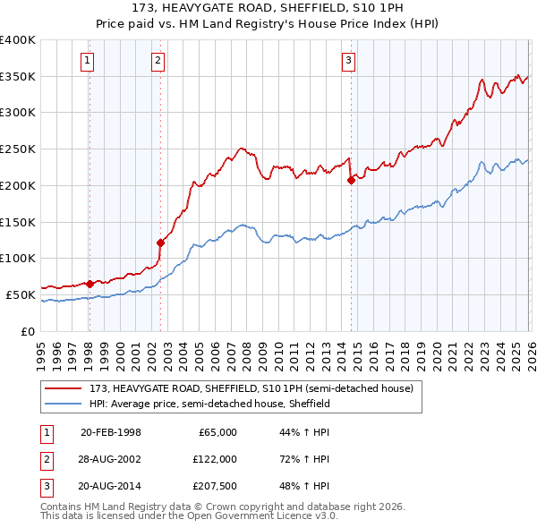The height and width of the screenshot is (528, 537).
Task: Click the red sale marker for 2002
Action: [x=161, y=242]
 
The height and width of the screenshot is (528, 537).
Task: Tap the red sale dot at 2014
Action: [x=351, y=180]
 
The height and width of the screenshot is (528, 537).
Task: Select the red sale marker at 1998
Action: [x=89, y=284]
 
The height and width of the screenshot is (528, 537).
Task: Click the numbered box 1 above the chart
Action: [x=88, y=61]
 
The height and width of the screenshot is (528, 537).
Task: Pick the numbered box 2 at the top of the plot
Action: [x=158, y=61]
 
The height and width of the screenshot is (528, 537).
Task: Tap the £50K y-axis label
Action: [x=21, y=294]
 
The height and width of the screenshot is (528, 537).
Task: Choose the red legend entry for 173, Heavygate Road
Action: [x=251, y=389]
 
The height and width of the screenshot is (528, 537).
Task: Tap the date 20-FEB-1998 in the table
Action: [x=110, y=432]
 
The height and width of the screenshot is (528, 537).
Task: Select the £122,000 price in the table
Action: [x=214, y=459]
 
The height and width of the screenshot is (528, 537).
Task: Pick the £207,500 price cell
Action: [x=214, y=486]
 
